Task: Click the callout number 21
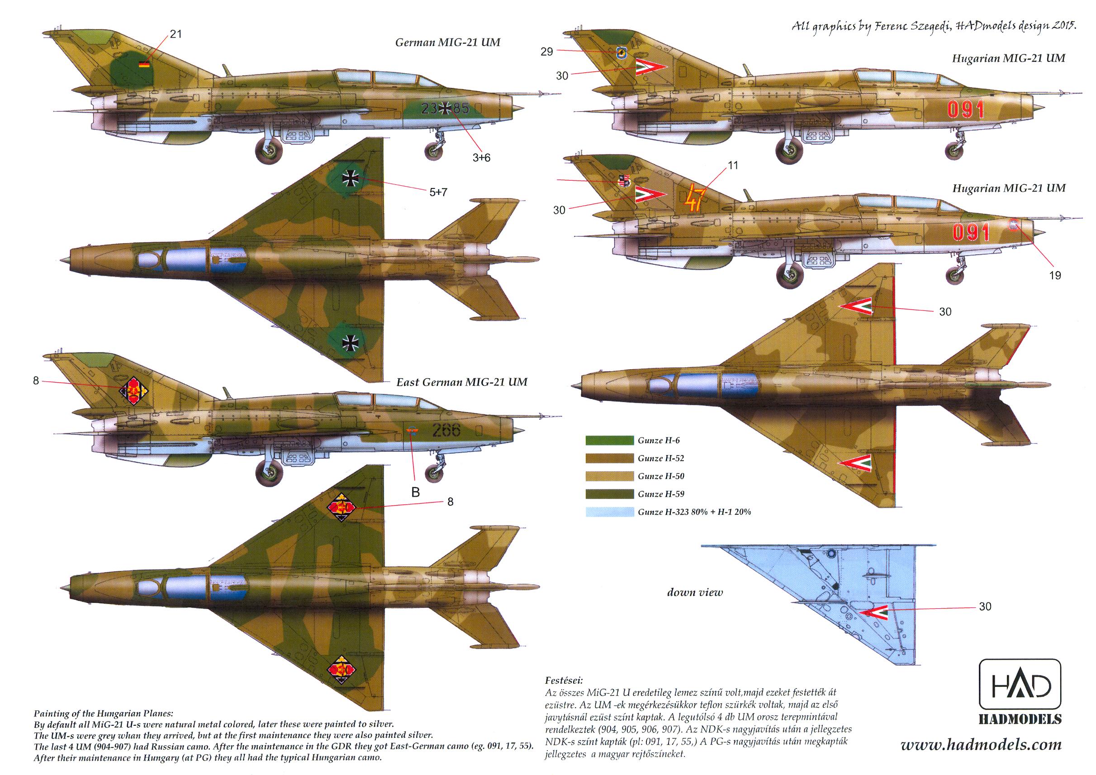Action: (176, 34)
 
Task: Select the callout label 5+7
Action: (438, 193)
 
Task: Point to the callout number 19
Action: (1054, 275)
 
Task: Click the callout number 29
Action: (547, 52)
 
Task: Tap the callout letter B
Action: (416, 493)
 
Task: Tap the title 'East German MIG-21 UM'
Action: (461, 382)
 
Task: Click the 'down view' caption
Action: (695, 593)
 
